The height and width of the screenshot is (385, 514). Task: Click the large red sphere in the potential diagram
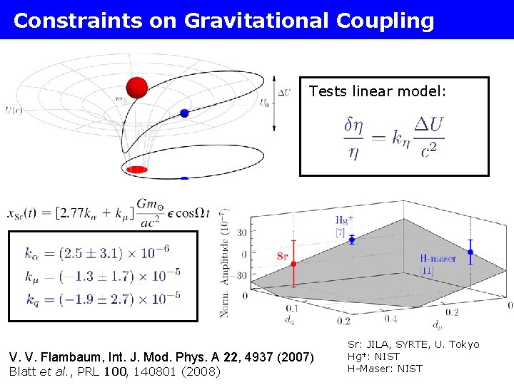(136, 88)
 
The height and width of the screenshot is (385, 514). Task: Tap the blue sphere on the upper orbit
(184, 113)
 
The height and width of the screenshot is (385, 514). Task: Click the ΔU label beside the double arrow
(284, 92)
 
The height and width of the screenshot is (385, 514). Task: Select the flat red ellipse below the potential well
(136, 170)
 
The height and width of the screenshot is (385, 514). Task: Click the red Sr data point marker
(293, 265)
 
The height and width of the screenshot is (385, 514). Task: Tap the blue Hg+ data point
(352, 240)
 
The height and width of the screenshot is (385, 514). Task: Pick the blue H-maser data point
(470, 252)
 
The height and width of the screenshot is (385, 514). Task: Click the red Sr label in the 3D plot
(283, 255)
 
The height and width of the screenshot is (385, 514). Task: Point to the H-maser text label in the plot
(438, 259)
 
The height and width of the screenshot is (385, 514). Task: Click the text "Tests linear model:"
(378, 91)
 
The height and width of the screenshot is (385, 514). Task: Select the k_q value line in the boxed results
(102, 296)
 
